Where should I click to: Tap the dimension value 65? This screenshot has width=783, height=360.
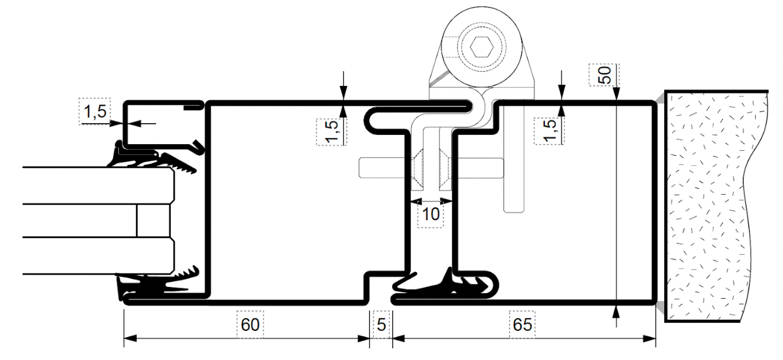coord(523,325)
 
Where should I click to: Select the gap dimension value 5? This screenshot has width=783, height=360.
coord(382,325)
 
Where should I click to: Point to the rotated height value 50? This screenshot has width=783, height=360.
coord(605,75)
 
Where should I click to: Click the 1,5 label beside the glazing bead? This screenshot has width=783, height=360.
coord(95,112)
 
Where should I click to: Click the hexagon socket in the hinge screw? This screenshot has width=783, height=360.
coord(479,46)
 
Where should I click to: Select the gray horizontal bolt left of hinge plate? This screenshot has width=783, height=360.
coord(383,166)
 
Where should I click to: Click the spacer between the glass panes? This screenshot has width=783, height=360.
coord(152,220)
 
